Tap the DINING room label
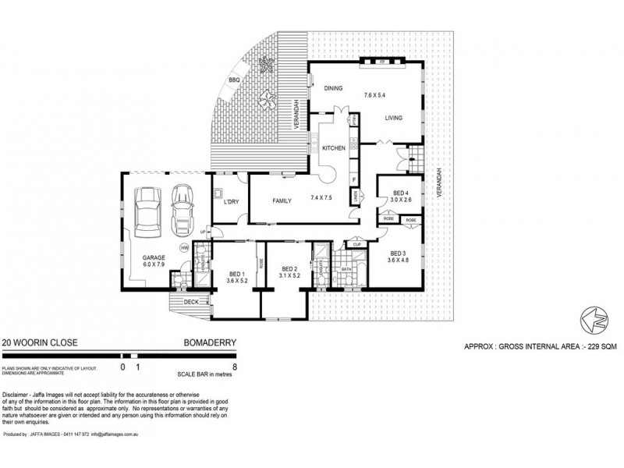(335, 88)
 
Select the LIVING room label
(392, 118)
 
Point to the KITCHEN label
(335, 147)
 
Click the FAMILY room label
(282, 200)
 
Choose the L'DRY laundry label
(230, 203)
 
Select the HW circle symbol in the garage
(184, 248)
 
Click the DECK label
(190, 302)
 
